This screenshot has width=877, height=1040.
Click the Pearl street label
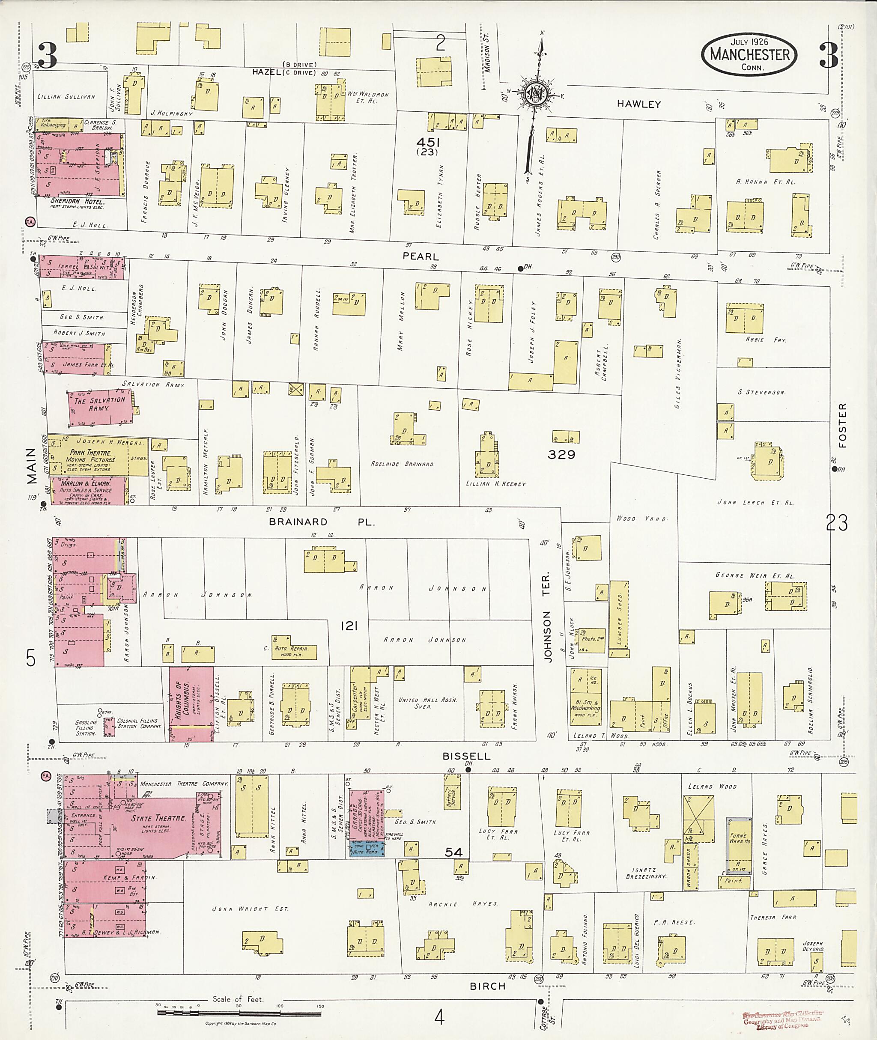click(421, 256)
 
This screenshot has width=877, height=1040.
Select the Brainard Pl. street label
click(320, 522)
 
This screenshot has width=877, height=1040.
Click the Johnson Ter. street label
click(547, 617)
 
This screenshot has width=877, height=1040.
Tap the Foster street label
click(842, 426)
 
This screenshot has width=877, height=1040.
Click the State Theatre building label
click(158, 818)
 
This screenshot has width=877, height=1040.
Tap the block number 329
click(561, 454)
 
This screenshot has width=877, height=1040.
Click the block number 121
click(349, 626)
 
